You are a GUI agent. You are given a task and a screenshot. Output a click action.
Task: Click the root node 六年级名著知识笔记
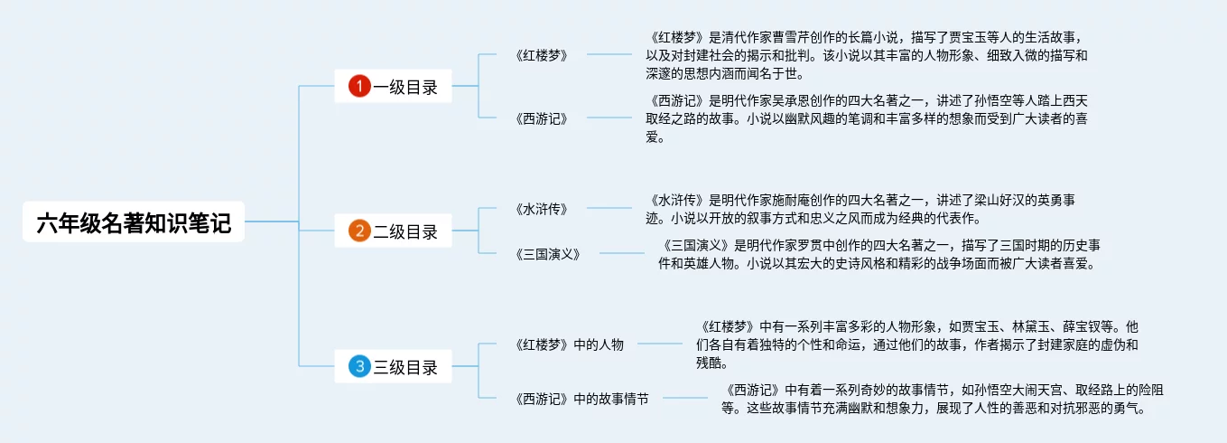[134, 222]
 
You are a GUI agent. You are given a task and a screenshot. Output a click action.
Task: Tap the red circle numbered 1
[359, 87]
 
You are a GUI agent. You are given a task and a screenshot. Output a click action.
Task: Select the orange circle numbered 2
[359, 231]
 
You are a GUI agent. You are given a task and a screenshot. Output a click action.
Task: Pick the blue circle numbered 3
[359, 366]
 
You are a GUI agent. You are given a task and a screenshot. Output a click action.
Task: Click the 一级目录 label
[405, 87]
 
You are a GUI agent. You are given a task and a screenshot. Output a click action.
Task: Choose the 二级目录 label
[405, 231]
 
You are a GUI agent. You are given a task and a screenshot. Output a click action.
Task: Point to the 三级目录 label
[405, 366]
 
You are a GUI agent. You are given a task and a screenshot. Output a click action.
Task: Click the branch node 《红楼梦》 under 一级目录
[542, 54]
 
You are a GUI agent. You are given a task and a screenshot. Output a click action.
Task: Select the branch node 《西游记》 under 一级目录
[542, 118]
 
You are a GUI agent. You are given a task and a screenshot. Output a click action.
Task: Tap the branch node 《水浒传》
[542, 209]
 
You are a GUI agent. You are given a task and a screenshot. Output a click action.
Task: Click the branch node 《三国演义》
[547, 254]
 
